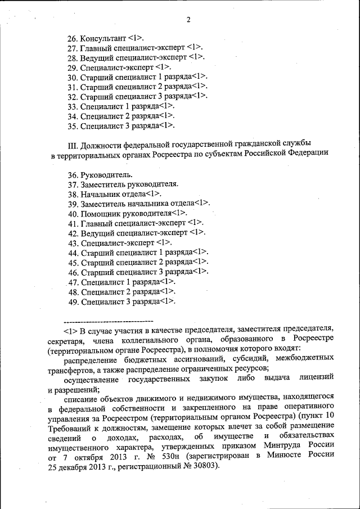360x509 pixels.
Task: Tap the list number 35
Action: [72, 125]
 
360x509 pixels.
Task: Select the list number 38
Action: [72, 193]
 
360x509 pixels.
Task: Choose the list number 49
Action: [73, 301]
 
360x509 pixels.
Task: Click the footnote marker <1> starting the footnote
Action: [70, 328]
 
